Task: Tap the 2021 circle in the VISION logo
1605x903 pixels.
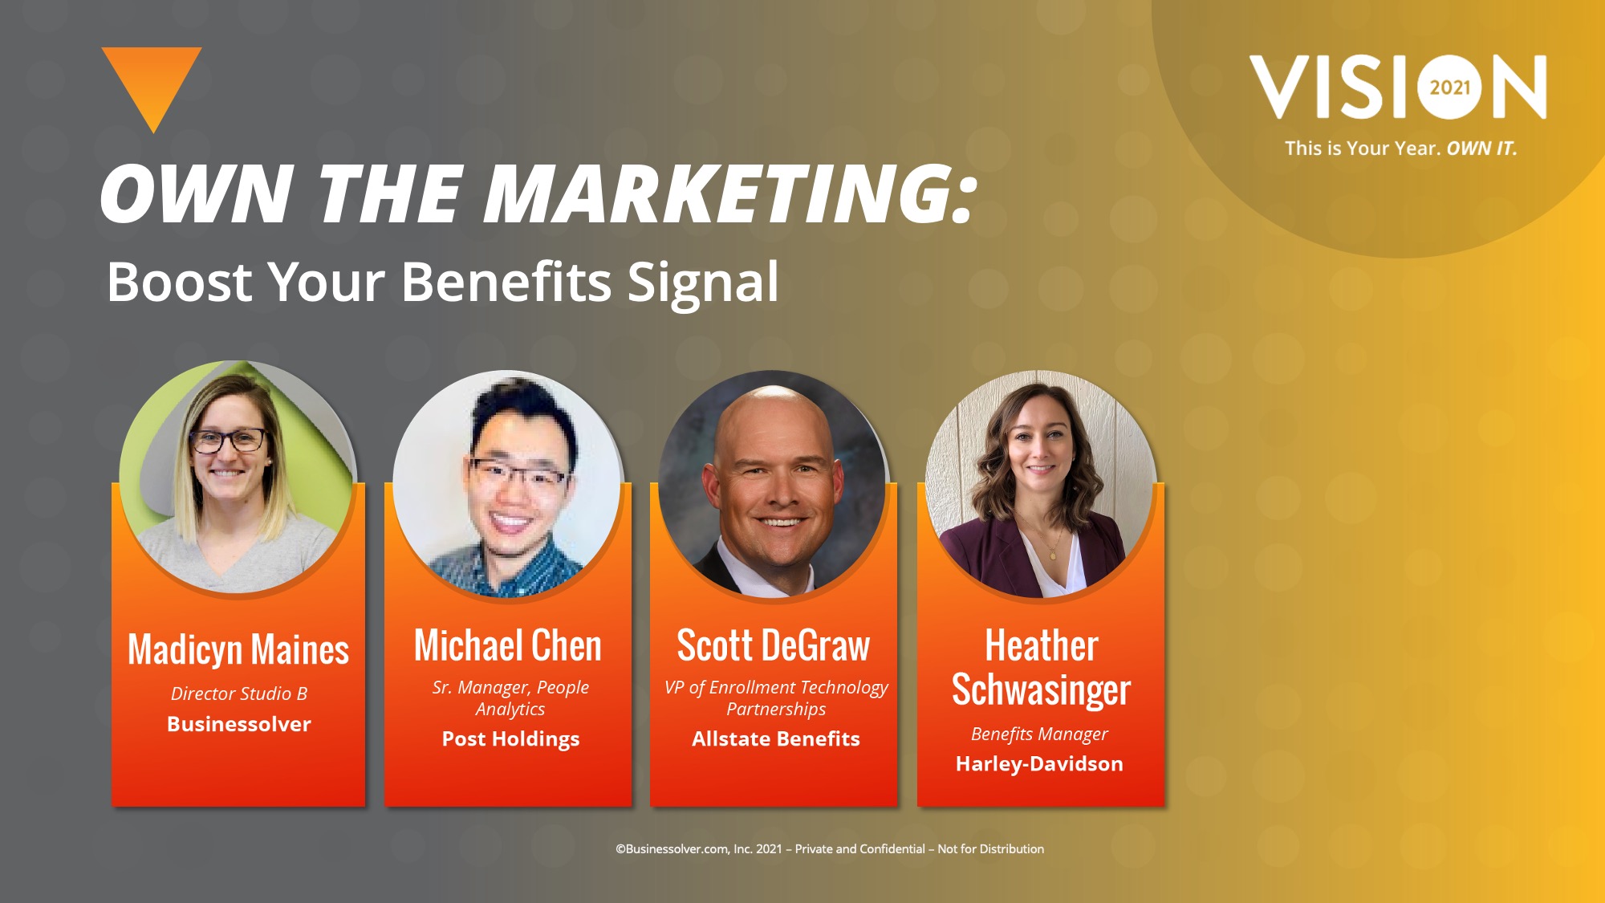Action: tap(1450, 87)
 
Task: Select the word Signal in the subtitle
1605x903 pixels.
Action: tap(703, 282)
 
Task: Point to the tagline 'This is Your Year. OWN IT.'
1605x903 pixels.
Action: tap(1401, 148)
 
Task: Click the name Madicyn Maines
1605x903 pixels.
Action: tap(238, 649)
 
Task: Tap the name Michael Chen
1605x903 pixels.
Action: tap(508, 645)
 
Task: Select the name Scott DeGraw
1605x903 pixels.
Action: tap(774, 645)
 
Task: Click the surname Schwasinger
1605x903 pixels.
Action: tap(1041, 690)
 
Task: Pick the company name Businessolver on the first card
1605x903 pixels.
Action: tap(239, 724)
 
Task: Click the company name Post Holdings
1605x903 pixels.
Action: tap(510, 739)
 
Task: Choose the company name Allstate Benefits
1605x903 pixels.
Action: tap(776, 738)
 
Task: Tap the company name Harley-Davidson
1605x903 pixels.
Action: tap(1039, 764)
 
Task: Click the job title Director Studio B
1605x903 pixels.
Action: tap(239, 694)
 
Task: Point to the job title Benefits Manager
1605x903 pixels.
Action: tap(1039, 734)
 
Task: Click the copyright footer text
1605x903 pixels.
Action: tap(830, 849)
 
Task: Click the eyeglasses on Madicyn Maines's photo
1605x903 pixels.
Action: tap(228, 440)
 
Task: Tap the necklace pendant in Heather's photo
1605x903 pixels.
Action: tap(1053, 555)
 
